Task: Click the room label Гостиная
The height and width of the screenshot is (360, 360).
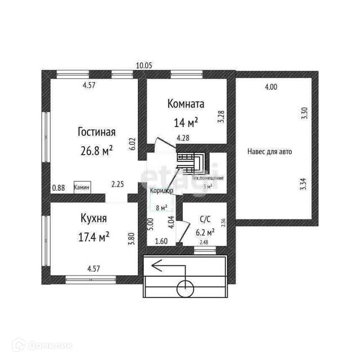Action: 96,132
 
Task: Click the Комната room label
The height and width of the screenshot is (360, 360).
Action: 186,104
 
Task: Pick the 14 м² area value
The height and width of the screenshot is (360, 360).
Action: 185,122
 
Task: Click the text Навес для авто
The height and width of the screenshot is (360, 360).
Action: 269,151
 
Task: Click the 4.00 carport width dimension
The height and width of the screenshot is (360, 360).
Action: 271,87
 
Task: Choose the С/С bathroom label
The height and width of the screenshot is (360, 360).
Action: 205,220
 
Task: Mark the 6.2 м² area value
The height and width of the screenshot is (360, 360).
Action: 204,232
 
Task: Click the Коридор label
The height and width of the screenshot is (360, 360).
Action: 161,191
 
